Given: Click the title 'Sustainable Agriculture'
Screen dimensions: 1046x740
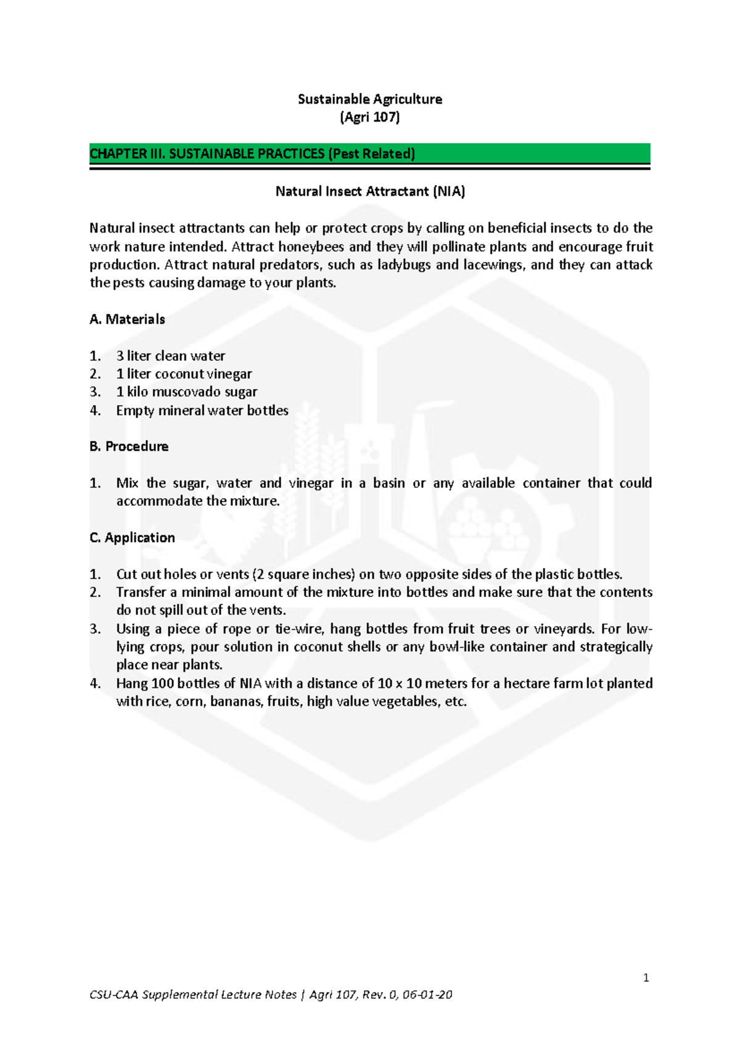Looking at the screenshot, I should coord(369,99).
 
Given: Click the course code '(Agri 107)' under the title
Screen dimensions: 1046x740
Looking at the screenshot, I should coord(369,117).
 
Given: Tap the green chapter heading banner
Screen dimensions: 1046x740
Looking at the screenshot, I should coord(369,154).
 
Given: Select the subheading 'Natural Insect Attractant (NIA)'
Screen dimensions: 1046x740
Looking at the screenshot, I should coord(369,191).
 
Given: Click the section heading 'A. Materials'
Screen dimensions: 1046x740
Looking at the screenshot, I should coord(127,319).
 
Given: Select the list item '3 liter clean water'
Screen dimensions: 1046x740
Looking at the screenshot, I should coord(170,356).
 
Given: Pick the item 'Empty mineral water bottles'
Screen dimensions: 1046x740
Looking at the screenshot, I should coord(202,410).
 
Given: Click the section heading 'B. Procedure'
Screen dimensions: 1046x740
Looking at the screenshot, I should coord(129,447).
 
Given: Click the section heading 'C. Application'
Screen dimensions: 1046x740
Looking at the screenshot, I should coord(132,538).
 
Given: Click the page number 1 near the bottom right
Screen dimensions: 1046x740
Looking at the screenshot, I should coord(646,978).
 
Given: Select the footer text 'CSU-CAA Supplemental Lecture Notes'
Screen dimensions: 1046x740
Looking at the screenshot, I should coord(192,994).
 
